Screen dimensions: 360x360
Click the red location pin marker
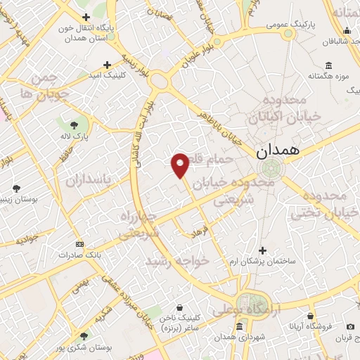tap(181, 163)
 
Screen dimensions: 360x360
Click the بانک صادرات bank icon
tap(79, 245)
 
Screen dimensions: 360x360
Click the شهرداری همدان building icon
tap(240, 328)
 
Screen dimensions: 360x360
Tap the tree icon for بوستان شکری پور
tap(85, 337)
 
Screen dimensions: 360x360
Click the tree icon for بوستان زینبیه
tap(15, 188)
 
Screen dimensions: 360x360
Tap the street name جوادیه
tap(17, 239)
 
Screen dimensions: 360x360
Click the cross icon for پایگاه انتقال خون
tap(86, 17)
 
